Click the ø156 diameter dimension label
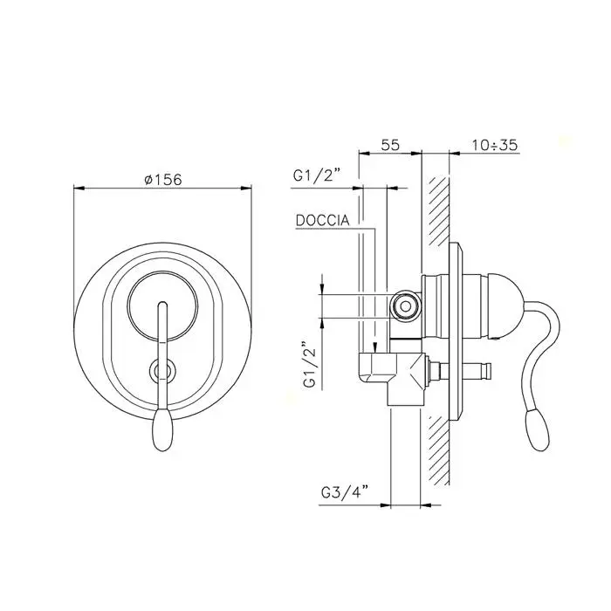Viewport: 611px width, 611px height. coord(163,179)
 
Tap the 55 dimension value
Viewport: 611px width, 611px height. coord(390,145)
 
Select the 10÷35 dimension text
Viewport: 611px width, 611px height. coord(495,145)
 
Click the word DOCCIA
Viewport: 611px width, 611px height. coord(323,221)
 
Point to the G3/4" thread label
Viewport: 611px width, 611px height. coord(345,493)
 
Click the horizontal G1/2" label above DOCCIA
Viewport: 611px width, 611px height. coord(317,175)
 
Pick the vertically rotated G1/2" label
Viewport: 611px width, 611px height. coord(309,365)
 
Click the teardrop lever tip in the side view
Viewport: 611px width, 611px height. coord(538,430)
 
